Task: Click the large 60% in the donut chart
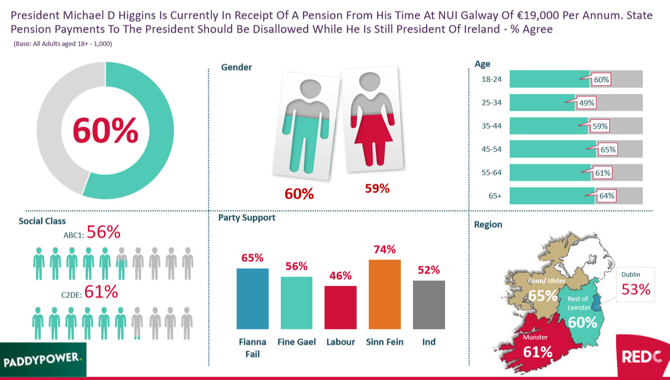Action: point(105,130)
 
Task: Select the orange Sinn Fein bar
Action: point(384,294)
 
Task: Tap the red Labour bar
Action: point(340,307)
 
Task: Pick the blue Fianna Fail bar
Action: point(252,298)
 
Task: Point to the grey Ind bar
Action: point(429,305)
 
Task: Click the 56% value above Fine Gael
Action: point(296,266)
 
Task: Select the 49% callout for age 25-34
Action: point(586,103)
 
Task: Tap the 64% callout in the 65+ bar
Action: point(607,196)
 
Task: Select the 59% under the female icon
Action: point(377,189)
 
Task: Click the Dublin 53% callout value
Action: point(636,290)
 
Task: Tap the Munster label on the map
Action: point(535,337)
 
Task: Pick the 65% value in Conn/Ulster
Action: point(542,295)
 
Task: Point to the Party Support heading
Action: point(246,218)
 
